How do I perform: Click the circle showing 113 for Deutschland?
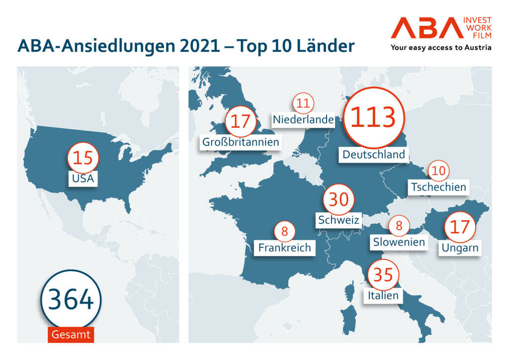point(373,117)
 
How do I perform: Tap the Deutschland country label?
point(374,154)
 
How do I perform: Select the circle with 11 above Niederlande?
point(303,103)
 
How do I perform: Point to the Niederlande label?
point(303,119)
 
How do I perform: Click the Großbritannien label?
point(241,142)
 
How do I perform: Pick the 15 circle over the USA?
point(83,158)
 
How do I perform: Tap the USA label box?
point(83,178)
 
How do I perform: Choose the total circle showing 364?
point(71,300)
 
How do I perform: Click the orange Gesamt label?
point(71,334)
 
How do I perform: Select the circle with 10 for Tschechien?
point(438,171)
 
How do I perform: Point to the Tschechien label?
point(438,187)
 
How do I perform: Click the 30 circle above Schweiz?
point(339,199)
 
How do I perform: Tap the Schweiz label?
point(339,219)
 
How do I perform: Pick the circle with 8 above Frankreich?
point(284,231)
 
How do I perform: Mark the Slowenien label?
point(399,242)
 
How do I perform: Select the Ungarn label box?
point(459,247)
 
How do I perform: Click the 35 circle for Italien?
point(384,274)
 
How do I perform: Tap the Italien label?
point(383,295)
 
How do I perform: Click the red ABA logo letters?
point(425,29)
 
